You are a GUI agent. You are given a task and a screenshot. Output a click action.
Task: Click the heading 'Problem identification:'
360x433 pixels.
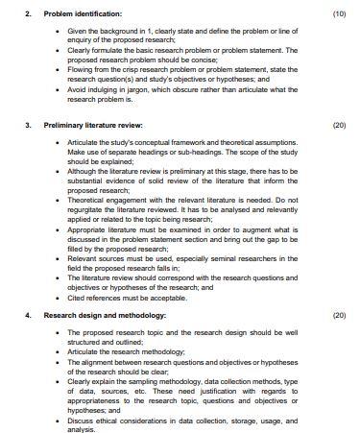pos(84,14)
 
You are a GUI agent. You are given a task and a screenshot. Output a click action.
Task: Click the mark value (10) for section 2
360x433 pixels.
pos(338,14)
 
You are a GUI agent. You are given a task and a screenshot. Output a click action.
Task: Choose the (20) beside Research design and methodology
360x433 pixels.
pos(338,315)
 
